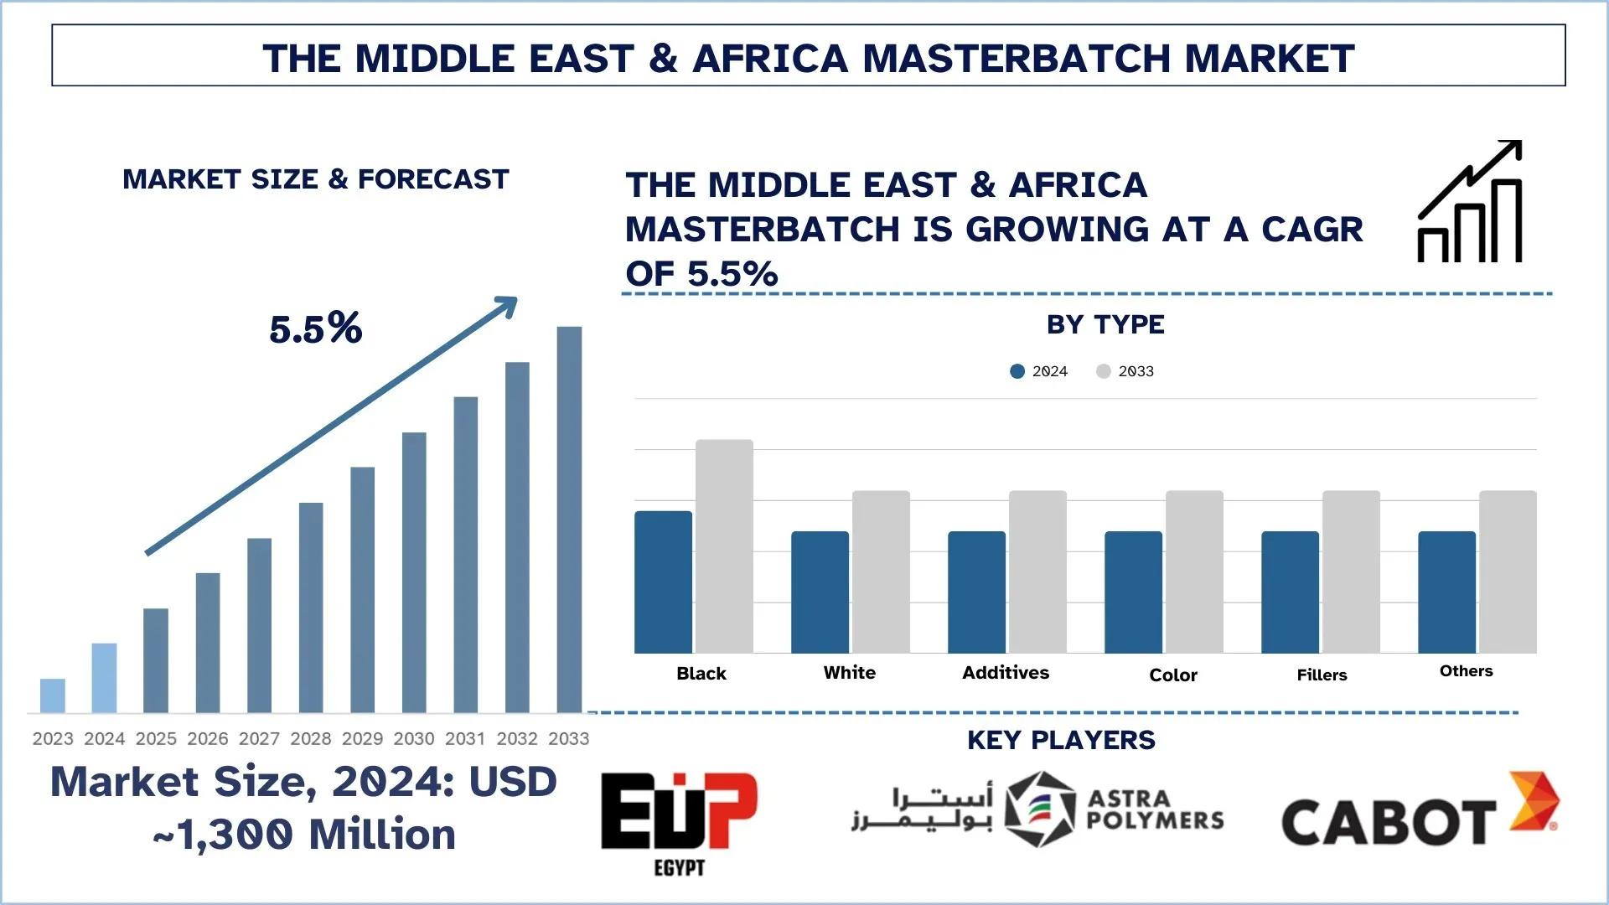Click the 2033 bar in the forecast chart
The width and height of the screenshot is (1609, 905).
(569, 520)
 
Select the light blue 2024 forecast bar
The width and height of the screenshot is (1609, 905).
(104, 678)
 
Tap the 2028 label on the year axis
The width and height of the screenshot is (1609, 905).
(311, 738)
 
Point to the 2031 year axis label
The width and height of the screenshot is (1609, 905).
(465, 738)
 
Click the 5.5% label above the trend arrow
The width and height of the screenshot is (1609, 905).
(316, 328)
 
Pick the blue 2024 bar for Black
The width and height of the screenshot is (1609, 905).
(663, 582)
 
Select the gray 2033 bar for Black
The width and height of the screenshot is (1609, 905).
(724, 546)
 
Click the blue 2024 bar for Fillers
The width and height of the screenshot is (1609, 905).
(1290, 592)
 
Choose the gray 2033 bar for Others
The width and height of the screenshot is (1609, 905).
(1508, 571)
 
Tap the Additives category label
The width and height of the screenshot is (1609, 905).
(1006, 673)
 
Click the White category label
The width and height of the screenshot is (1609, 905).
(849, 673)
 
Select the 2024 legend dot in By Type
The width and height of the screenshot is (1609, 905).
(1017, 371)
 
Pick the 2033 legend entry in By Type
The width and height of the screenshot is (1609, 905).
(1125, 371)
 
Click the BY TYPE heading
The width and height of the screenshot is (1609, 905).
(1105, 324)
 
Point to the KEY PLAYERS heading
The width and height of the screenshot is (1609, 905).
(1061, 740)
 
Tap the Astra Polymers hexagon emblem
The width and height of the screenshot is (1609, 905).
(1039, 809)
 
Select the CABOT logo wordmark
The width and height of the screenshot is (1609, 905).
(1389, 821)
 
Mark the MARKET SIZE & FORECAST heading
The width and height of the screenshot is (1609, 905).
(316, 179)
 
